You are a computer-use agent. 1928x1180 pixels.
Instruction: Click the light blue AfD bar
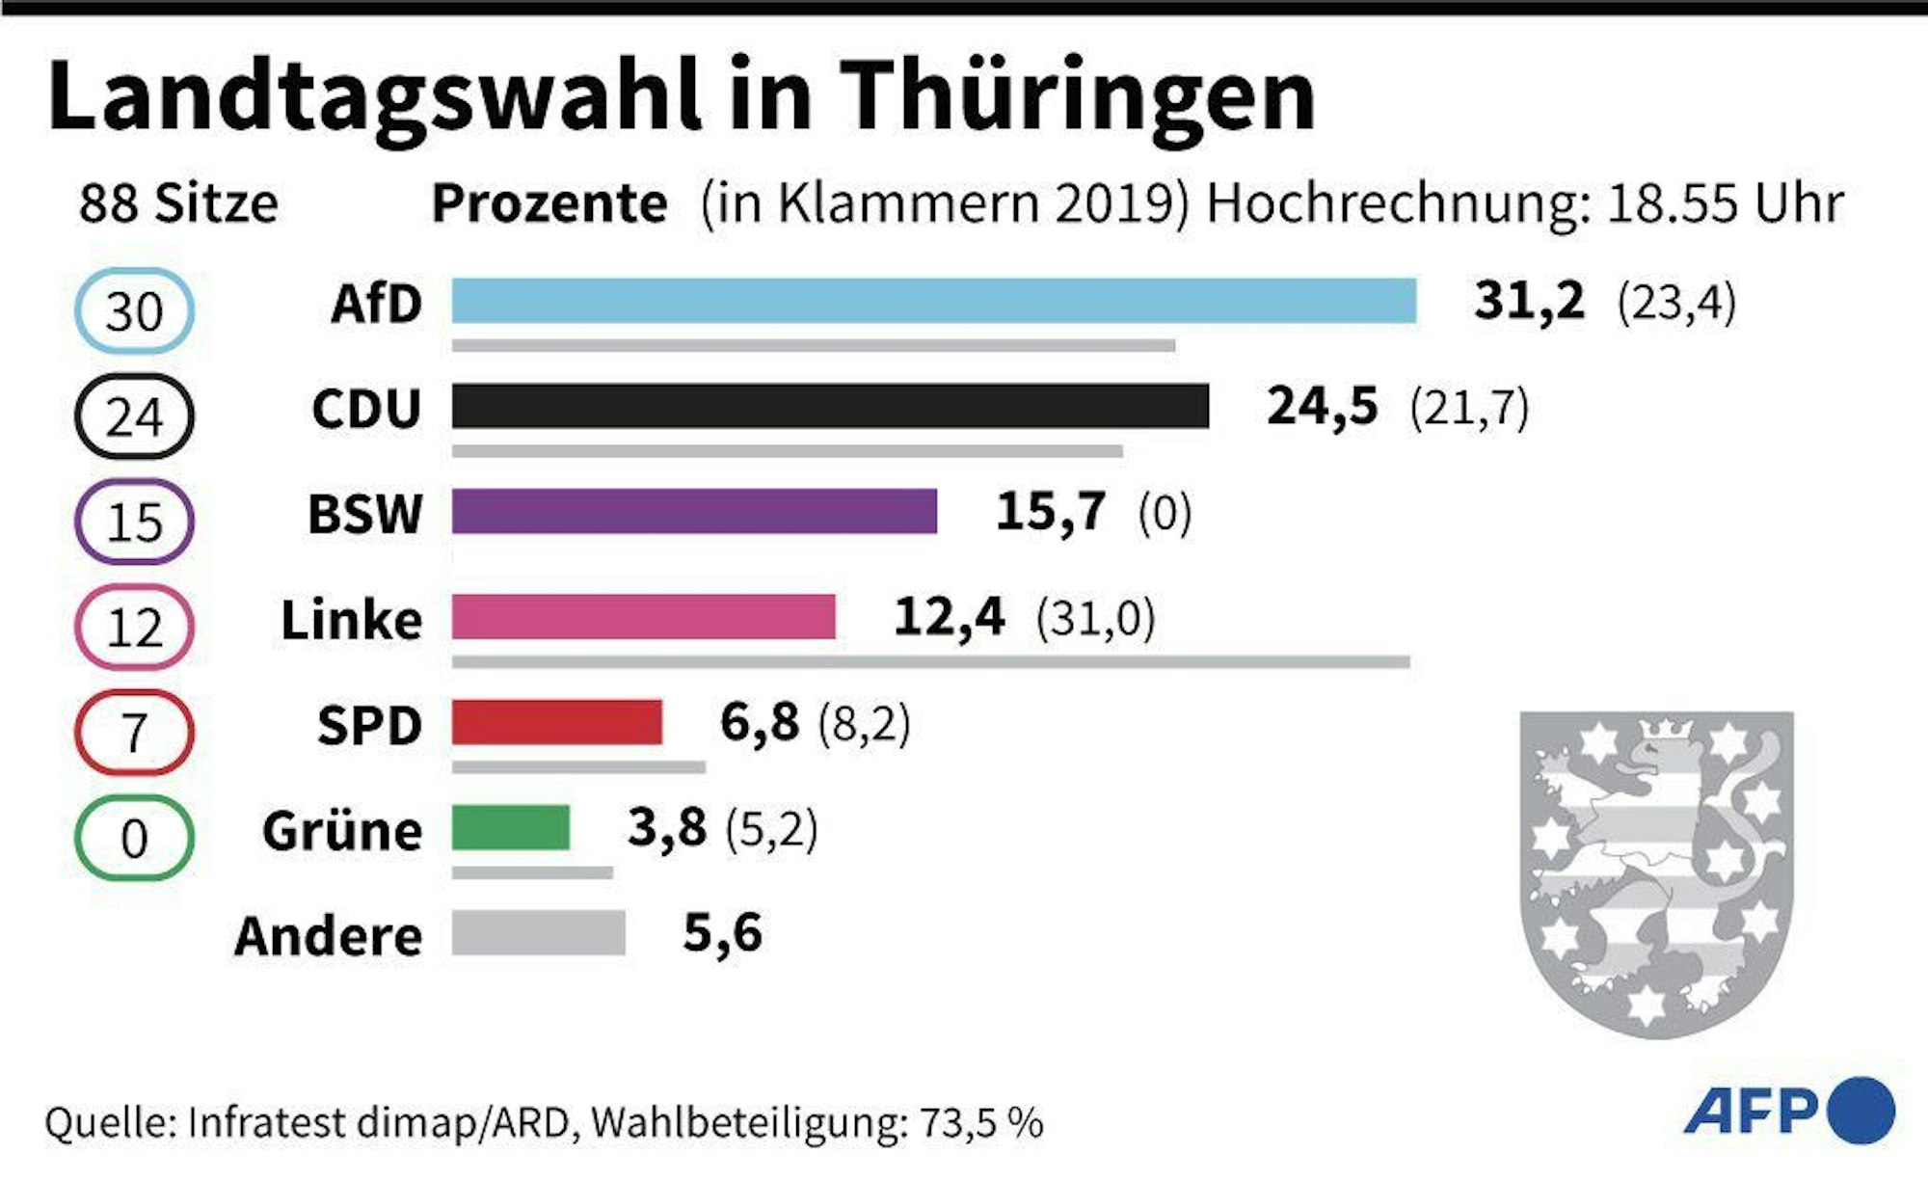pyautogui.click(x=933, y=301)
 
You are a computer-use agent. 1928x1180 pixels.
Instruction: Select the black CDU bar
pyautogui.click(x=829, y=406)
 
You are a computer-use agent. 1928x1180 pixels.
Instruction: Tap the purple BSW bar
pyautogui.click(x=694, y=511)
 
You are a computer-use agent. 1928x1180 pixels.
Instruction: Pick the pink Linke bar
pyautogui.click(x=643, y=617)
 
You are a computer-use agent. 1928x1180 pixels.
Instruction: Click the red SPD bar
pyautogui.click(x=557, y=723)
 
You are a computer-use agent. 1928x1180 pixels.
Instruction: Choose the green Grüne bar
pyautogui.click(x=511, y=828)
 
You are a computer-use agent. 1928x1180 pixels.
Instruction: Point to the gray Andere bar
pyautogui.click(x=538, y=933)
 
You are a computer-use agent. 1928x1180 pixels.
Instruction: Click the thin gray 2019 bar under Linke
pyautogui.click(x=930, y=662)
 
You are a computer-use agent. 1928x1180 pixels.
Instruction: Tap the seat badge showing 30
pyautogui.click(x=134, y=311)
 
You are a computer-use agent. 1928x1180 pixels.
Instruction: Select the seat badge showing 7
pyautogui.click(x=134, y=733)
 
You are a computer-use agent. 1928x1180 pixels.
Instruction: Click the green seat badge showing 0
pyautogui.click(x=134, y=838)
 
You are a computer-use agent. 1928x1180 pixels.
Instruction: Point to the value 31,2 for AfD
pyautogui.click(x=1529, y=301)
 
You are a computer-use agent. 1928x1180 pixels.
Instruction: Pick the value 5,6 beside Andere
pyautogui.click(x=722, y=933)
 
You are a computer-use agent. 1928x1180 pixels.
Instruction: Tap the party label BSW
pyautogui.click(x=364, y=513)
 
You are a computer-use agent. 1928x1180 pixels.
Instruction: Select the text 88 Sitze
pyautogui.click(x=178, y=203)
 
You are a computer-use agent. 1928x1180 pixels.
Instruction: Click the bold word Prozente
pyautogui.click(x=549, y=203)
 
